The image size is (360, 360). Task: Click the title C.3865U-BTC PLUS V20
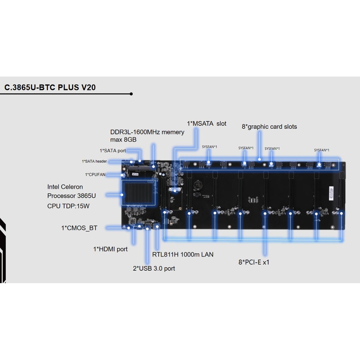[50, 88]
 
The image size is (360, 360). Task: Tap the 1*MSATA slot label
[207, 123]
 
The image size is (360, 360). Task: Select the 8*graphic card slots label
[269, 127]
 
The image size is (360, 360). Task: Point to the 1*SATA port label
[113, 150]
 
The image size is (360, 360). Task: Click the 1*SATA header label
[94, 161]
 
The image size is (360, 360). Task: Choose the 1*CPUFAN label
[95, 174]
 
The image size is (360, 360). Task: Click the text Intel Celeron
[65, 187]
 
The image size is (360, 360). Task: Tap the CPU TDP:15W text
[68, 206]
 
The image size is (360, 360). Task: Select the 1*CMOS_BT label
[79, 228]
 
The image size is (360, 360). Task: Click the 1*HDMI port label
[110, 249]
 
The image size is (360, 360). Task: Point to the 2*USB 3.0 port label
[154, 268]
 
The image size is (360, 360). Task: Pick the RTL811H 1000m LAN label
[183, 255]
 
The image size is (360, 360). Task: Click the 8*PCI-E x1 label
[254, 262]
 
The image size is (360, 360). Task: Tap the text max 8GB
[123, 140]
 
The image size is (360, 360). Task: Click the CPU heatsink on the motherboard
[139, 192]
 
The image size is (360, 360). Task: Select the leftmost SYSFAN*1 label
[210, 147]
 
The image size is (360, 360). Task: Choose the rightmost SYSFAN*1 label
[322, 150]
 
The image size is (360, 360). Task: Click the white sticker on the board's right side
[331, 193]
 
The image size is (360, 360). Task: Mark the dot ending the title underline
[131, 94]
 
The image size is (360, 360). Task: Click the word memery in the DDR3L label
[173, 132]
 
